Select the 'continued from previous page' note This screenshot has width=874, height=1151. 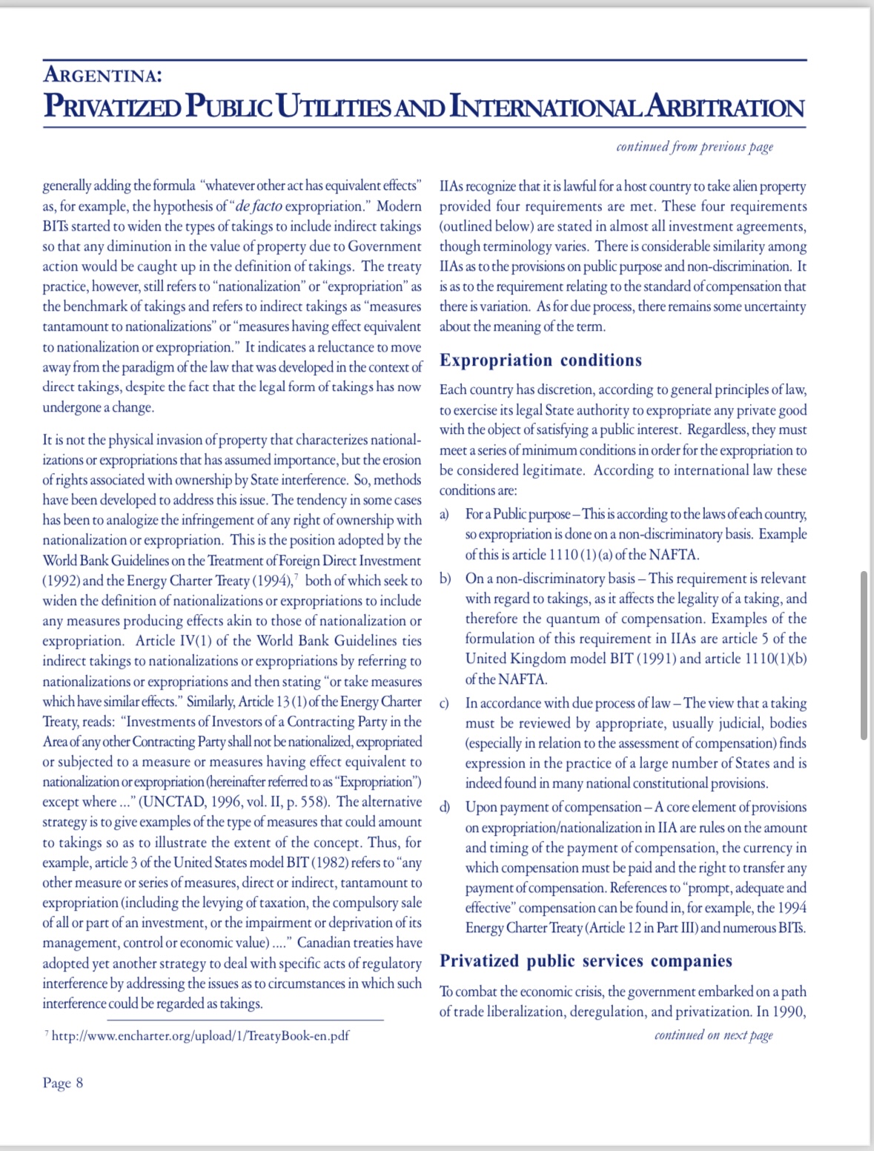click(695, 147)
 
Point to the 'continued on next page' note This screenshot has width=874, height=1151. click(713, 1035)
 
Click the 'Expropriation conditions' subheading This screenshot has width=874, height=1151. click(540, 360)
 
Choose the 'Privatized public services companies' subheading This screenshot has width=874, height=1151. click(586, 961)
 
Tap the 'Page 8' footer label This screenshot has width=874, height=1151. click(63, 1083)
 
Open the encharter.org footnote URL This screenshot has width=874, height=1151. click(200, 1036)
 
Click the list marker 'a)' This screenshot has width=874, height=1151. click(444, 514)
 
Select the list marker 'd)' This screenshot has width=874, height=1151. click(445, 807)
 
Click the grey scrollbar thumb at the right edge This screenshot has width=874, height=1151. click(864, 655)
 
